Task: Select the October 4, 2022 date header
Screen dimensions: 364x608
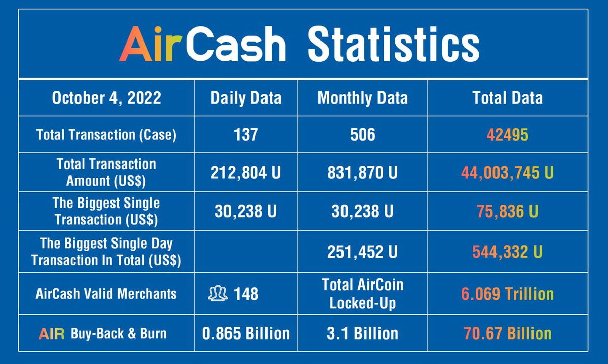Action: click(x=106, y=98)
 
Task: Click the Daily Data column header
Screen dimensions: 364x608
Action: click(x=246, y=98)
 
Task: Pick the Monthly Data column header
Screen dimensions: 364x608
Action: click(x=362, y=98)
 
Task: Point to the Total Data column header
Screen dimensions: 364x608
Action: click(x=507, y=98)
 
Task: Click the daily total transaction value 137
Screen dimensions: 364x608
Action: click(x=245, y=135)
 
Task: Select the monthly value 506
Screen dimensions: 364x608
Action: click(x=362, y=135)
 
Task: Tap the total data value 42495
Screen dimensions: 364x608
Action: click(x=507, y=135)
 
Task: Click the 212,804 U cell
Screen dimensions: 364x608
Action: click(x=245, y=173)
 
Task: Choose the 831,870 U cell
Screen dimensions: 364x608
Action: click(x=362, y=173)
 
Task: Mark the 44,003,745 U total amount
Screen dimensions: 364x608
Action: click(x=507, y=173)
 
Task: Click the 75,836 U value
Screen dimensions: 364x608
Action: click(x=507, y=211)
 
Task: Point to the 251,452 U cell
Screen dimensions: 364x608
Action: click(x=362, y=252)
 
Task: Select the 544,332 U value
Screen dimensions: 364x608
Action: click(x=507, y=252)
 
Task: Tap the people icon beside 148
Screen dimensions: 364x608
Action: click(x=218, y=293)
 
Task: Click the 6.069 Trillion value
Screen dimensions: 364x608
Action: click(x=507, y=293)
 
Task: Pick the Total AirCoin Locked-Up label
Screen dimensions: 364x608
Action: click(x=362, y=293)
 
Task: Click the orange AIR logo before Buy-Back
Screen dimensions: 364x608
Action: click(x=52, y=334)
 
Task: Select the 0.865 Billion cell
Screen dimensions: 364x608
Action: click(x=245, y=333)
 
